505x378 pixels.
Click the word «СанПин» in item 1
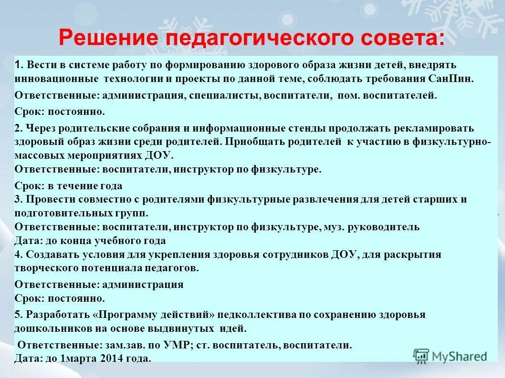453,79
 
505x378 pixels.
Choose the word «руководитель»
389,227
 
